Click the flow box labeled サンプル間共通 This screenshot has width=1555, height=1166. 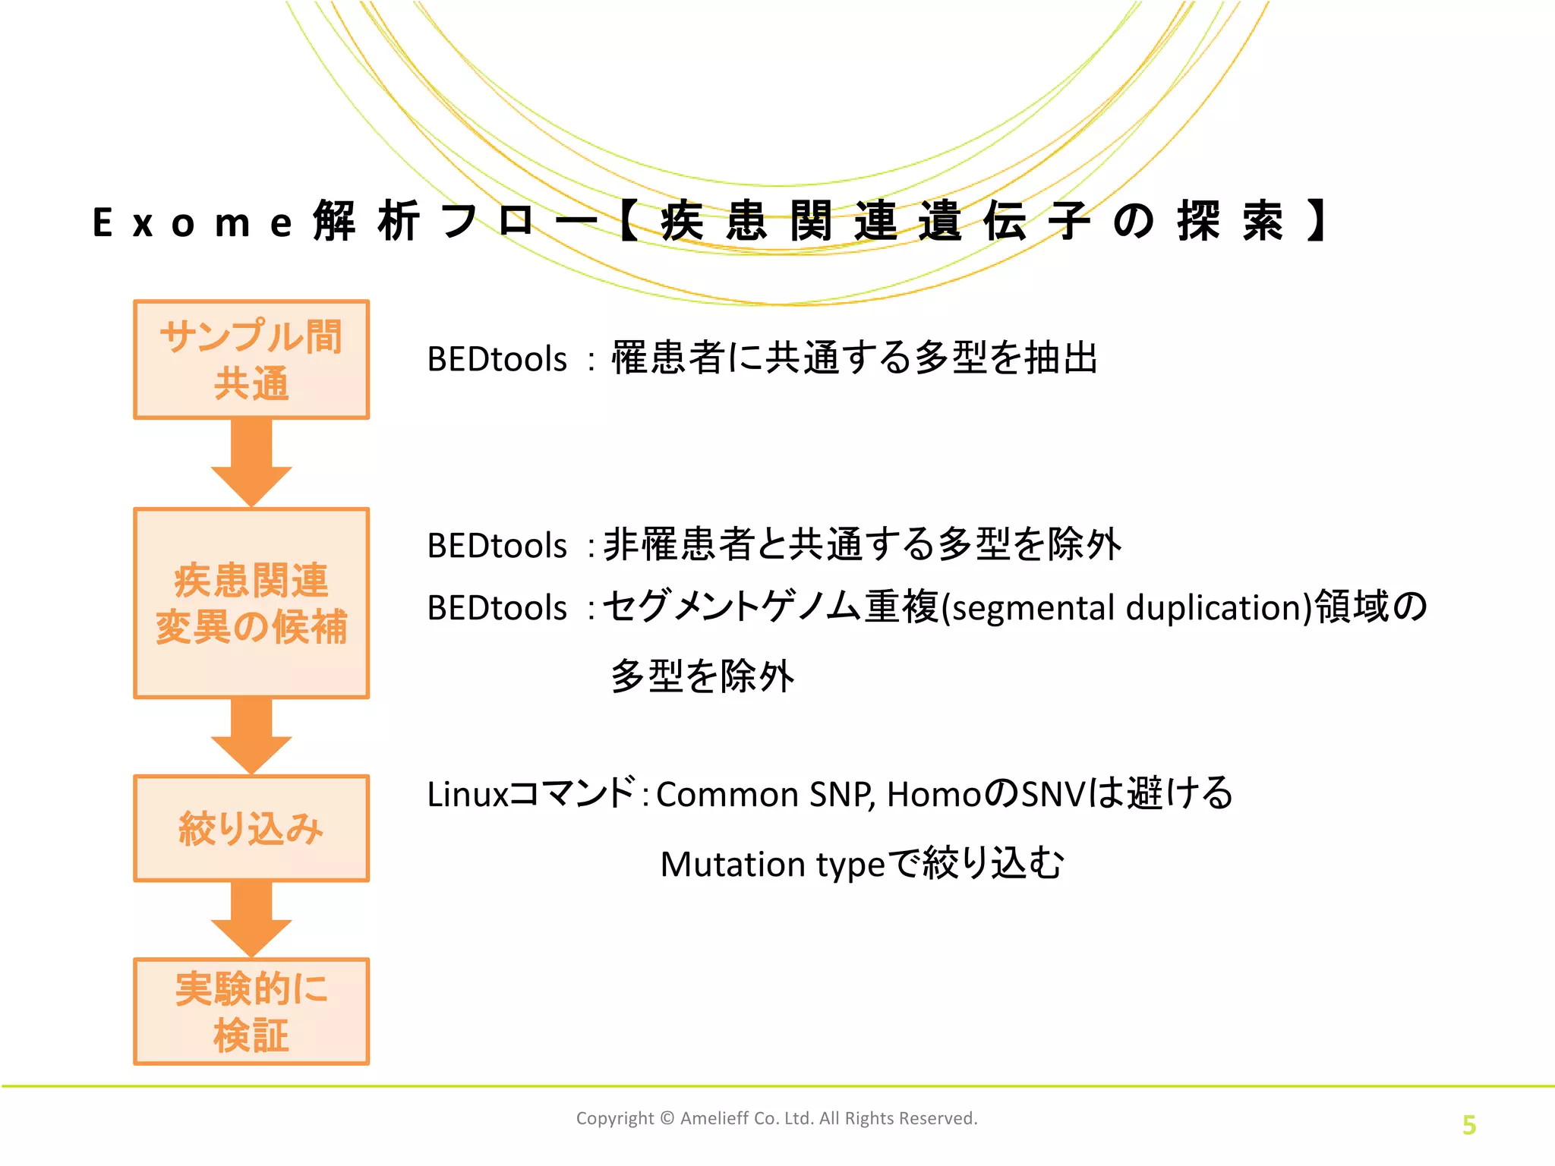pyautogui.click(x=251, y=359)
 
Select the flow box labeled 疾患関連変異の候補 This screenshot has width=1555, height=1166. pyautogui.click(x=251, y=603)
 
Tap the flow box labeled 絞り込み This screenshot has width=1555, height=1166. pyautogui.click(x=251, y=828)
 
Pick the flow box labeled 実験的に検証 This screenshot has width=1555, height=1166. pyautogui.click(x=251, y=1011)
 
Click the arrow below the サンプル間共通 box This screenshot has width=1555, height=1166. pyautogui.click(x=251, y=462)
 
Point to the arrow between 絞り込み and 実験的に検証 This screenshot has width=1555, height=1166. pyautogui.click(x=251, y=919)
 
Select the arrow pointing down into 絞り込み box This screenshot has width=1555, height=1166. pyautogui.click(x=251, y=735)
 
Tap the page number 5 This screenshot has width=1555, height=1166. pyautogui.click(x=1468, y=1125)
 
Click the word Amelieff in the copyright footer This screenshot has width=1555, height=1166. pyautogui.click(x=714, y=1118)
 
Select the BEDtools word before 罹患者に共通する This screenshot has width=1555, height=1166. pyautogui.click(x=497, y=359)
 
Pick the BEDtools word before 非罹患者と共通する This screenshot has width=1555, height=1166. pyautogui.click(x=497, y=546)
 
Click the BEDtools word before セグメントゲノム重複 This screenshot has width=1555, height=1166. pyautogui.click(x=497, y=608)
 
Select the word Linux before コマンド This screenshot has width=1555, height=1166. pyautogui.click(x=467, y=795)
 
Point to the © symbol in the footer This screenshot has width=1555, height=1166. pyautogui.click(x=667, y=1118)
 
